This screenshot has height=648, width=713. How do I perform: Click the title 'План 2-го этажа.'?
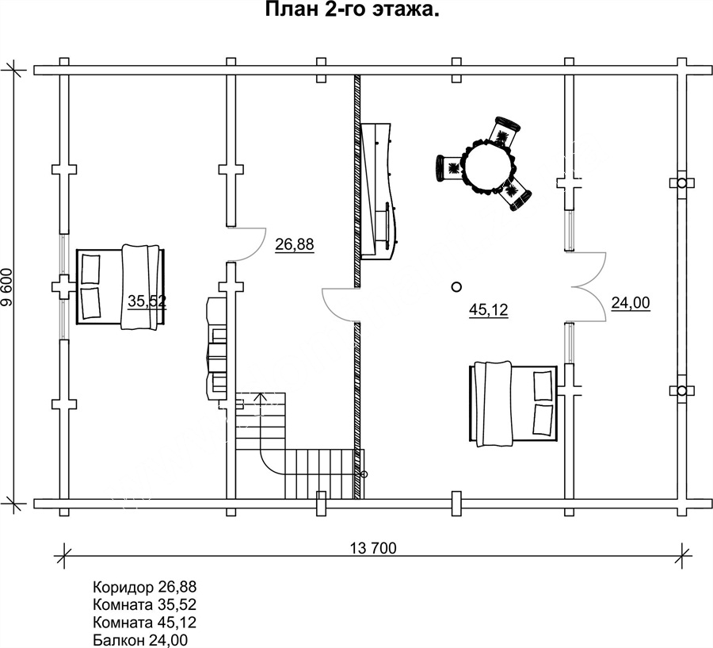tap(352, 10)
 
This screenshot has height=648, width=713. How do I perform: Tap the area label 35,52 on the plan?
tap(147, 301)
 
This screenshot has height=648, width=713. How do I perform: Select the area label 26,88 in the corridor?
tap(294, 244)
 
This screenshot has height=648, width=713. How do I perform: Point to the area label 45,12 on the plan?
tap(488, 310)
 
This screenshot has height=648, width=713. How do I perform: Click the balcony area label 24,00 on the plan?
tap(631, 303)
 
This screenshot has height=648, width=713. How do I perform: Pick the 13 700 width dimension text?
tap(373, 548)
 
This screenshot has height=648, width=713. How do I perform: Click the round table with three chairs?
tap(484, 164)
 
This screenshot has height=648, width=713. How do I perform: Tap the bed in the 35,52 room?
tap(120, 287)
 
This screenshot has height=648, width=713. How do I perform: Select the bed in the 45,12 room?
tap(513, 404)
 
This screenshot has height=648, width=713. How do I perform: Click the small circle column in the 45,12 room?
tap(456, 287)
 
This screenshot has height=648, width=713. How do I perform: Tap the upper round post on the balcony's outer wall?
tap(681, 183)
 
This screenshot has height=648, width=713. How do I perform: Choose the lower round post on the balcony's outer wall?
tap(681, 391)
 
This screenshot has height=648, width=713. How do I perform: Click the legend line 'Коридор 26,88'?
tap(145, 586)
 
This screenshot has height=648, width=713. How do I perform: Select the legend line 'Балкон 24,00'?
tap(140, 640)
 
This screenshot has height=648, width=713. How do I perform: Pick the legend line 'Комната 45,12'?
tap(145, 622)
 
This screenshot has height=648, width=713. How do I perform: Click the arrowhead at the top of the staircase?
tap(260, 396)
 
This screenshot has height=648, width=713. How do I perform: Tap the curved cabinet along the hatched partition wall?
tap(376, 191)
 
